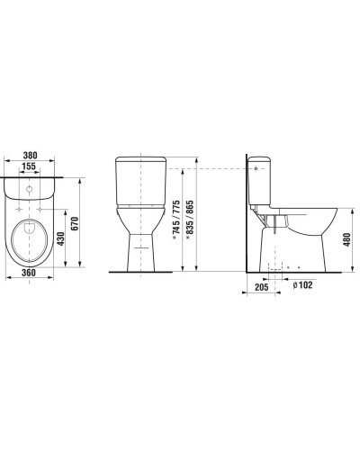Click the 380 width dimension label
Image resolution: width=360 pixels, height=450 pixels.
point(31,155)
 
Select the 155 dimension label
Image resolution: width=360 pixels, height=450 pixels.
point(29,166)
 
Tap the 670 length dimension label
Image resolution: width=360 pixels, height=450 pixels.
point(75,223)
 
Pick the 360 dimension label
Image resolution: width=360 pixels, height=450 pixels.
point(29,273)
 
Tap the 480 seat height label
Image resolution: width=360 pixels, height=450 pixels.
point(347,240)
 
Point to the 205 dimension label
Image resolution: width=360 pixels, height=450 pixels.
point(262,287)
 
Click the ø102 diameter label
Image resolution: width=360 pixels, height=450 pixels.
point(302,284)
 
